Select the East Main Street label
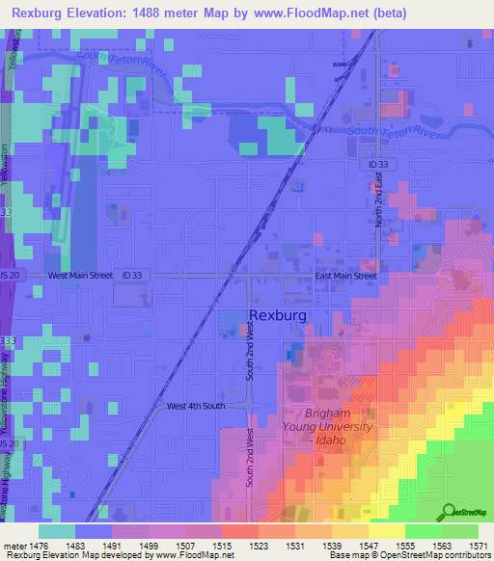tap(346, 276)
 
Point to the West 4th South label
tap(195, 406)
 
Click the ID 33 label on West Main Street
tap(133, 276)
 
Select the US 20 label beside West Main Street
tap(8, 276)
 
